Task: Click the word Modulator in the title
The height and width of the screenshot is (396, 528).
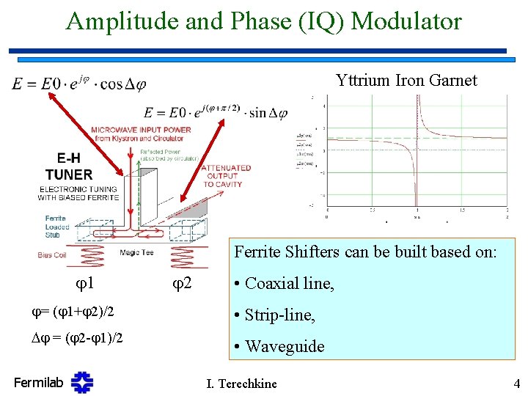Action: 406,21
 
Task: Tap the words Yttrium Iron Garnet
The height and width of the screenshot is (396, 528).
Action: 406,81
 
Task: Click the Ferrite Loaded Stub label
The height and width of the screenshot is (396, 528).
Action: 56,227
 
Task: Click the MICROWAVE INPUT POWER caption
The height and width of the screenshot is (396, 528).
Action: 141,133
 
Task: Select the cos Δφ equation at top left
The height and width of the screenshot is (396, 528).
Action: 78,84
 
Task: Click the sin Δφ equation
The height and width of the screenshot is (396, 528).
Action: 216,112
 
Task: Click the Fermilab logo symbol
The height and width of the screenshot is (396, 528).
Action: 82,382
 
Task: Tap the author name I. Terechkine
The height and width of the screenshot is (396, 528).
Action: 243,383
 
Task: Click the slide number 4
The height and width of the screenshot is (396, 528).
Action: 516,383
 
